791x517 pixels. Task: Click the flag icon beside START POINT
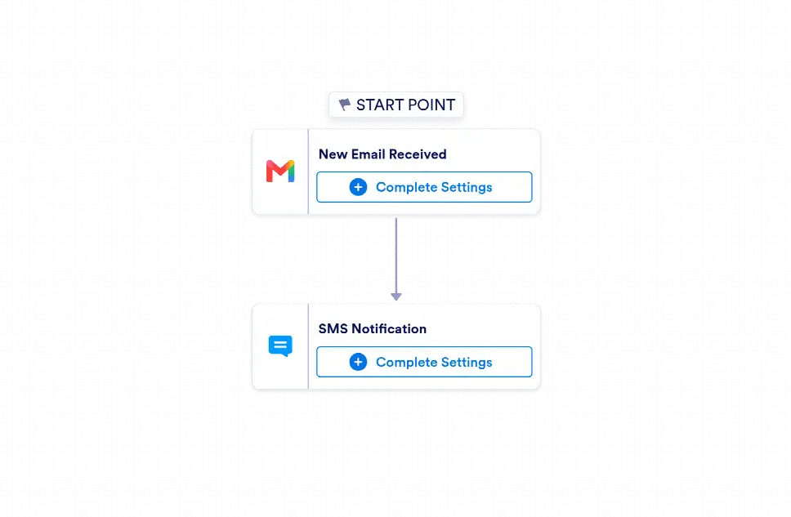tap(345, 105)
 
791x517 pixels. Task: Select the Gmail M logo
tap(280, 172)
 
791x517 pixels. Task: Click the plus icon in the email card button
tap(358, 187)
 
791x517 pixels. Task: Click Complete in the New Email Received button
tap(407, 188)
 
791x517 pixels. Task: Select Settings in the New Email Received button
tap(467, 188)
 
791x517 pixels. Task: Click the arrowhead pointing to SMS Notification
tap(396, 296)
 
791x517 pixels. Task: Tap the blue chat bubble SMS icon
tap(280, 346)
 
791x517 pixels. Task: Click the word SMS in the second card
tap(333, 329)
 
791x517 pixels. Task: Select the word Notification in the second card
tap(389, 329)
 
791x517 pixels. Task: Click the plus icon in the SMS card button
tap(358, 362)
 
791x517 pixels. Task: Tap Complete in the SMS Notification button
tap(407, 363)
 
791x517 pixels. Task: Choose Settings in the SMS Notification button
tap(467, 363)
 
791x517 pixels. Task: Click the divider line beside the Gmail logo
tap(308, 172)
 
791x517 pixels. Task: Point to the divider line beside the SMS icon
tap(308, 346)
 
